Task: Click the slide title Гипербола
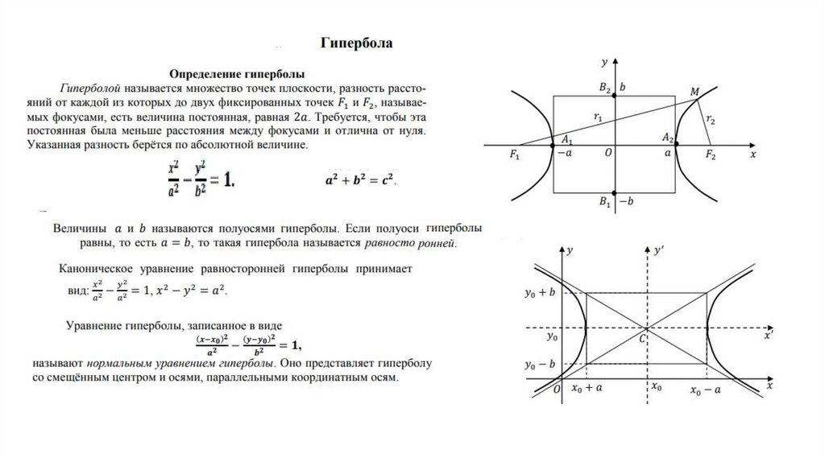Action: coord(357,43)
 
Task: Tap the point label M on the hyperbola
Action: coord(694,92)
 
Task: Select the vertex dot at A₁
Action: coord(552,145)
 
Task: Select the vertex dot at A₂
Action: coord(676,145)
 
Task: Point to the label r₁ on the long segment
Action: coord(597,118)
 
